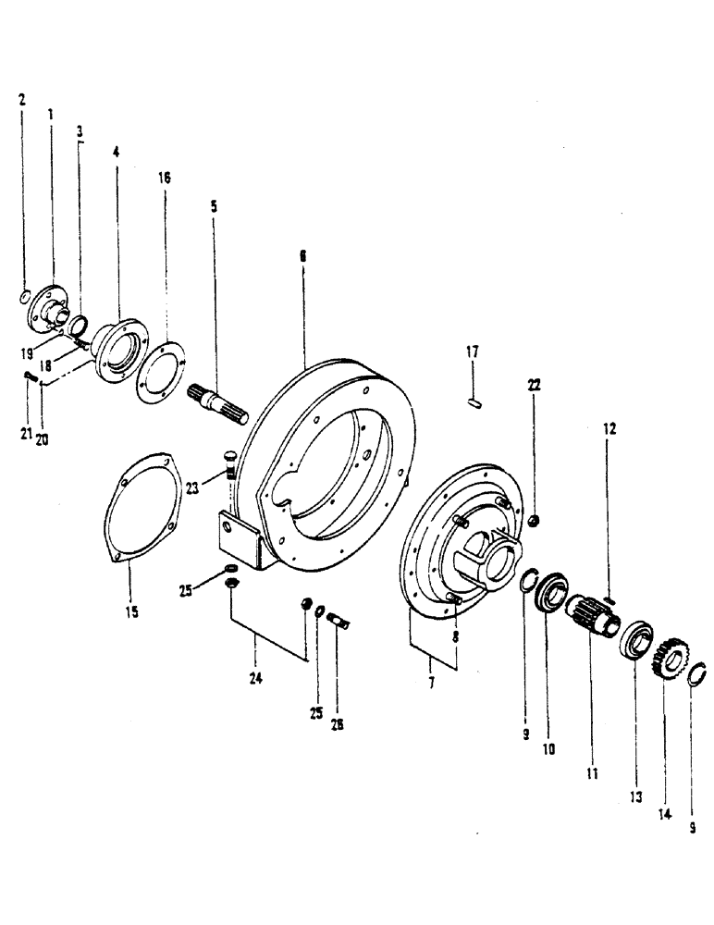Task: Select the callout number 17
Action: pyautogui.click(x=472, y=351)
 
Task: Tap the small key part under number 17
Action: pyautogui.click(x=474, y=401)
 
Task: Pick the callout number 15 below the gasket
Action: pyautogui.click(x=133, y=612)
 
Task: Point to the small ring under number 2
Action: pyautogui.click(x=23, y=297)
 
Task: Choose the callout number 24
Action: pyautogui.click(x=255, y=677)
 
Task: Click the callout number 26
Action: pyautogui.click(x=337, y=726)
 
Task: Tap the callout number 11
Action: pyautogui.click(x=590, y=771)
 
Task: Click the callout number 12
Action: pyautogui.click(x=609, y=429)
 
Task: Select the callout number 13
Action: pyautogui.click(x=635, y=771)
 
